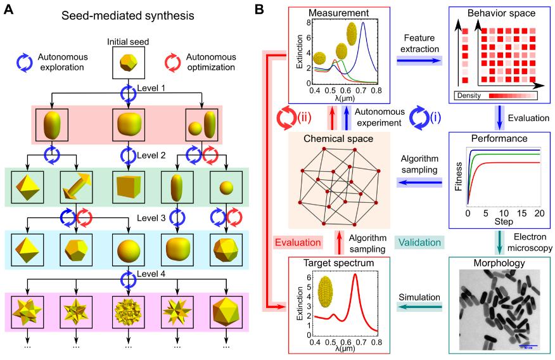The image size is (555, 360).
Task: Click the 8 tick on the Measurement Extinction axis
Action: [303, 22]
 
